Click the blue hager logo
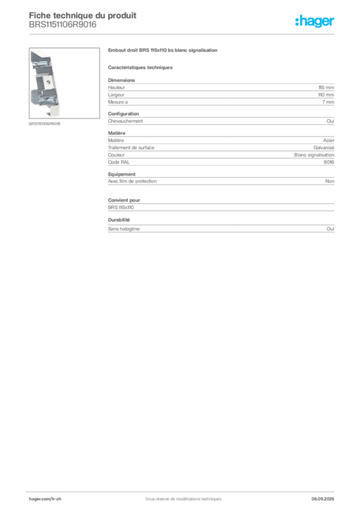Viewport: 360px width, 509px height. [316, 22]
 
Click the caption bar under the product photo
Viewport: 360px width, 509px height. [46, 123]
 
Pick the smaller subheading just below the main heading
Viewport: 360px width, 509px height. [141, 67]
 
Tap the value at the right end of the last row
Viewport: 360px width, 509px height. [332, 230]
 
